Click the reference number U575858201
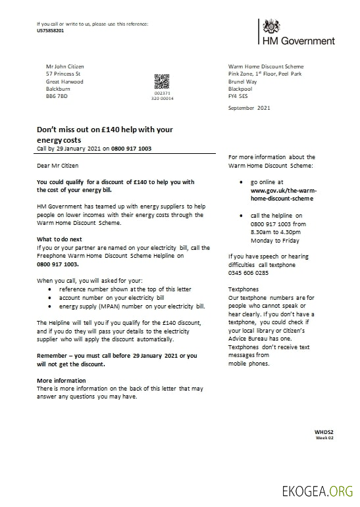[x=51, y=30]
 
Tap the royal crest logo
[x=271, y=27]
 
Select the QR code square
[x=162, y=82]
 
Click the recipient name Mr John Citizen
[x=65, y=66]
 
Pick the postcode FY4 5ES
[x=238, y=96]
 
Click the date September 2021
[x=249, y=107]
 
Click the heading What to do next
[x=59, y=239]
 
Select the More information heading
[x=61, y=381]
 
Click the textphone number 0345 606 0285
[x=248, y=272]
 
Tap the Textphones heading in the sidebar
[x=243, y=289]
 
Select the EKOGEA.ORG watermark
[x=317, y=491]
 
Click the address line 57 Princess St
[x=63, y=74]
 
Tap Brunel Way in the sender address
[x=243, y=81]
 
